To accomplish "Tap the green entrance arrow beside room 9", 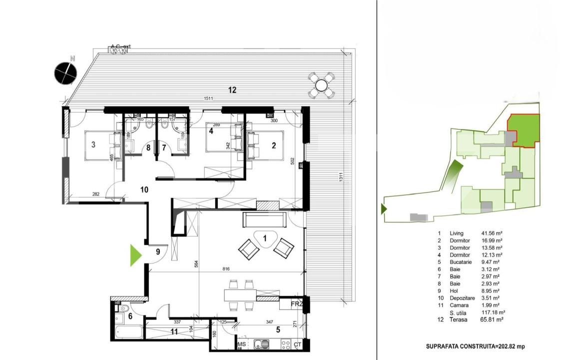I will (x=135, y=255).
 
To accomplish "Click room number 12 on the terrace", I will (x=232, y=90).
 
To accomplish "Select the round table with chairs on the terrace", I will (x=320, y=85).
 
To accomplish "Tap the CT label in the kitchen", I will (x=298, y=344).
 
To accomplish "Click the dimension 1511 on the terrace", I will (x=208, y=98).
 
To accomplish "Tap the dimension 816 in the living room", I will (x=226, y=269).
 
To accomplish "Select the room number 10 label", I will (x=144, y=189).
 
